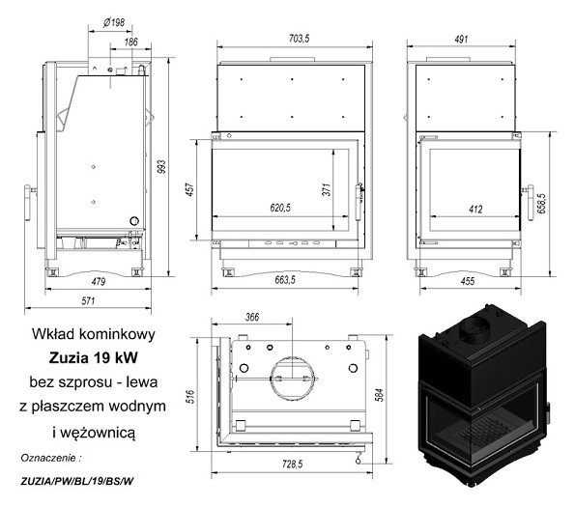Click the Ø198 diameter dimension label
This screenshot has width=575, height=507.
(x=114, y=23)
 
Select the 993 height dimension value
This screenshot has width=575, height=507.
(x=161, y=167)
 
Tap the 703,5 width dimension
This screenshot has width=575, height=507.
(x=300, y=38)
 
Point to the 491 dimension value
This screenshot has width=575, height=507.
(x=461, y=39)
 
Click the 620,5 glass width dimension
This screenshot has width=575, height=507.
(x=280, y=208)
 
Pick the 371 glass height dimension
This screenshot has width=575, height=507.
(x=327, y=189)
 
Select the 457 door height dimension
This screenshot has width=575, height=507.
(x=190, y=189)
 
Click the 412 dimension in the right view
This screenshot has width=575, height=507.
(x=475, y=210)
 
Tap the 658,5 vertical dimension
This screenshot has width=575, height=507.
(x=542, y=204)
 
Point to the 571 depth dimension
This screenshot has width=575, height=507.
(x=88, y=300)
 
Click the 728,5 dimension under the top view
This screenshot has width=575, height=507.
(x=292, y=465)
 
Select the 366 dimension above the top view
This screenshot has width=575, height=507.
(x=252, y=317)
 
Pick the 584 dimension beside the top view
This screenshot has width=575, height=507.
(x=380, y=395)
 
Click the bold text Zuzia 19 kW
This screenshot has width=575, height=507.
(x=93, y=358)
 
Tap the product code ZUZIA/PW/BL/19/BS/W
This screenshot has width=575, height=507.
(x=77, y=481)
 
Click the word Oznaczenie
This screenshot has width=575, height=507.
(x=48, y=458)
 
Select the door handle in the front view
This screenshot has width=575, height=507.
(x=359, y=202)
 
